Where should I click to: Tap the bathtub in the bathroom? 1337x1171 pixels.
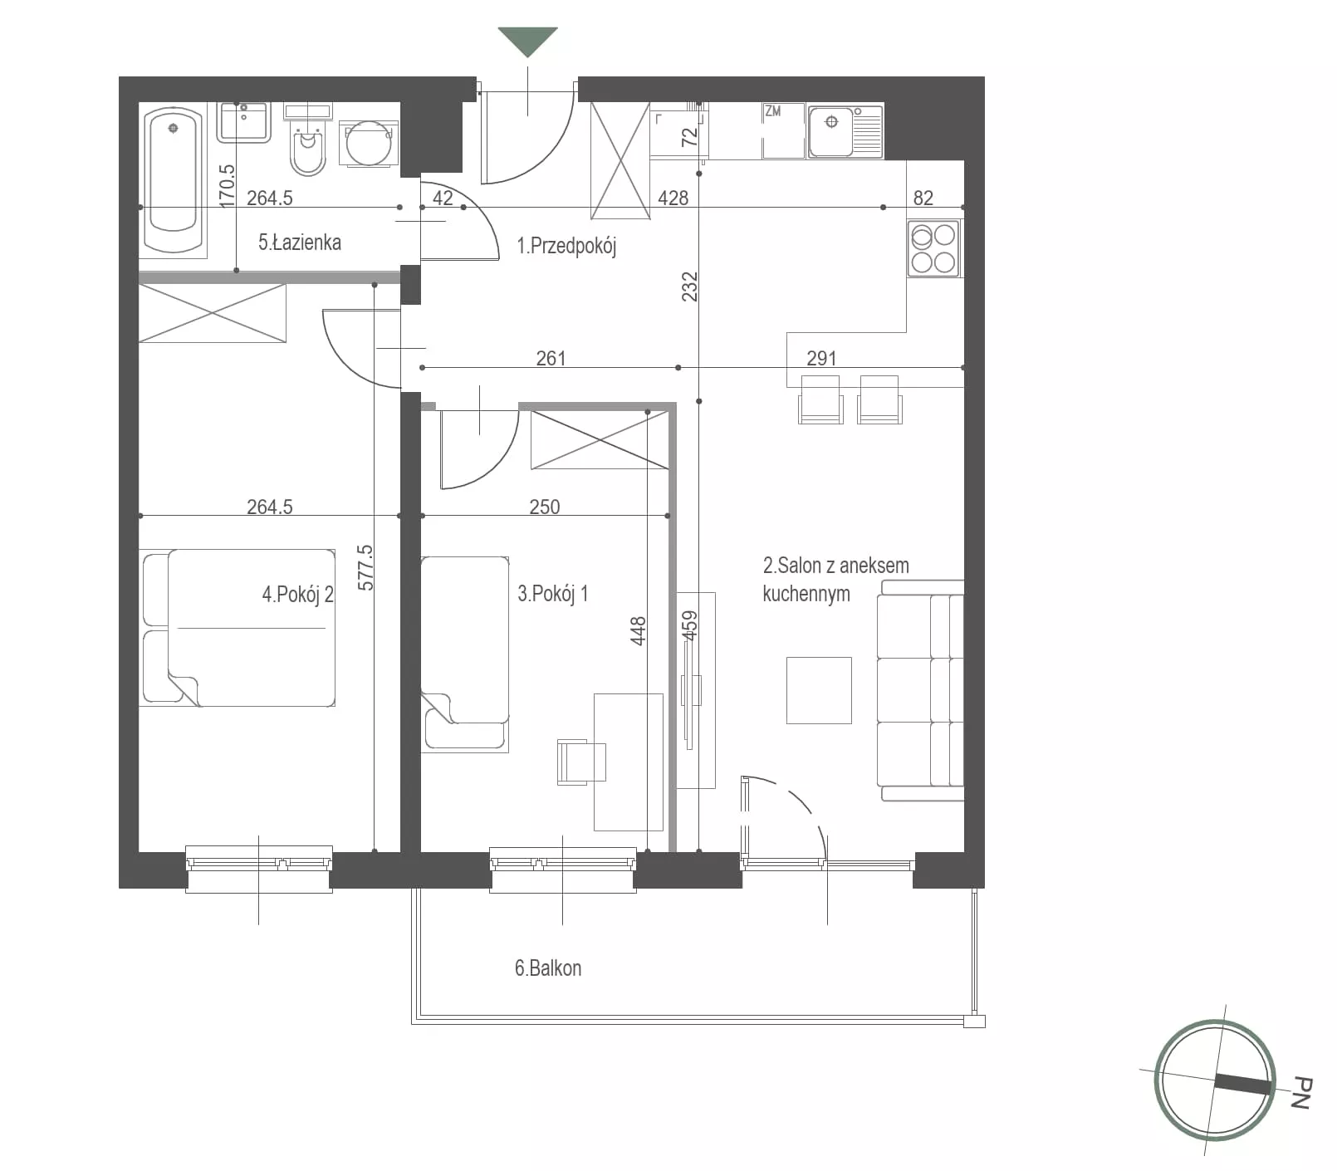pos(174,180)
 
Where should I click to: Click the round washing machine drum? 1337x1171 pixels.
pos(369,145)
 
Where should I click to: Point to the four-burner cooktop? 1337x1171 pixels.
pos(933,248)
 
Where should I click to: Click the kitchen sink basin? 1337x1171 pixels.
pos(831,131)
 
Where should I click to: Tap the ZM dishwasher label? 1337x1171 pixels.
pos(772,110)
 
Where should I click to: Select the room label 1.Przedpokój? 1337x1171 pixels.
pos(566,246)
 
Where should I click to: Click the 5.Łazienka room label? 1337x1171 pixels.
pos(300,243)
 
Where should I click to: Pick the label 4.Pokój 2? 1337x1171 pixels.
pos(297,595)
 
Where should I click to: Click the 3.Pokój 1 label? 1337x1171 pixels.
pos(553,594)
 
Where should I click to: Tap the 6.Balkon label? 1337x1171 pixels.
pos(548,968)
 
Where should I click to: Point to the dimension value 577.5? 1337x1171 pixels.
pos(365,567)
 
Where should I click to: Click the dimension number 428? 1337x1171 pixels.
pos(673,198)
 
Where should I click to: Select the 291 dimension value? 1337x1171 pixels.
pos(821,358)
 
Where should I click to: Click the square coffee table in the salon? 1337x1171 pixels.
pos(819,690)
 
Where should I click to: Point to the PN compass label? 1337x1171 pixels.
pos(1301,1093)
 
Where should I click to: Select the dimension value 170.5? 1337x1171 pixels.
pos(227,184)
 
